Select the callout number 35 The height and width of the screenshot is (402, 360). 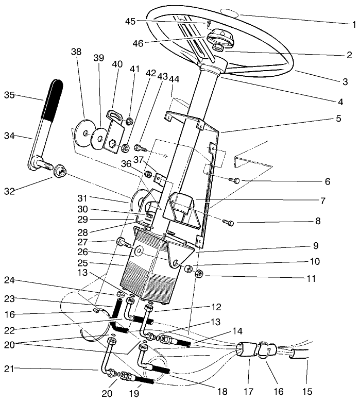click(10, 95)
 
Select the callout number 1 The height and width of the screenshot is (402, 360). click(354, 24)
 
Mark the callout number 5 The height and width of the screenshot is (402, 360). click(338, 118)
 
